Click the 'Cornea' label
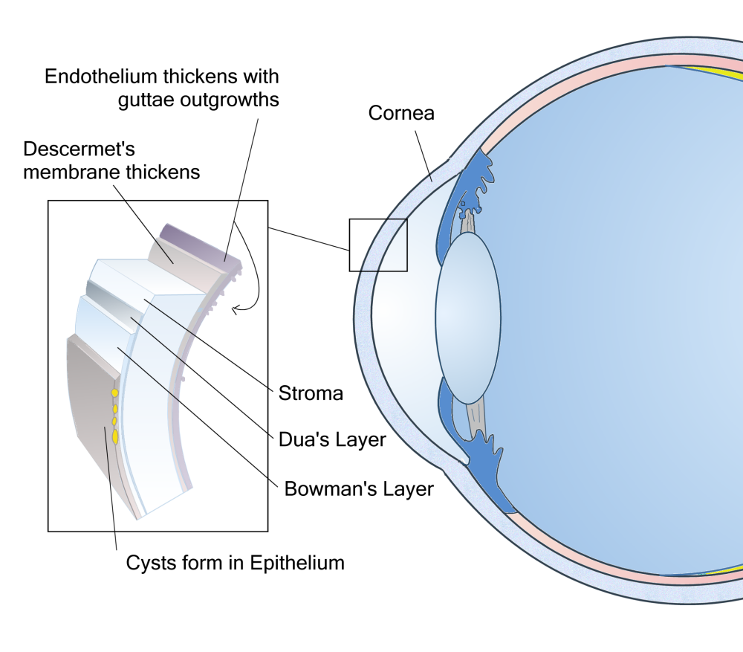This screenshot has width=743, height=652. coord(401,114)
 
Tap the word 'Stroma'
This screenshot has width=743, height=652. coord(311,393)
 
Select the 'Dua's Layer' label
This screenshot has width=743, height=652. coord(332,439)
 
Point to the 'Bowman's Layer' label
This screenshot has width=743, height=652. coord(359,489)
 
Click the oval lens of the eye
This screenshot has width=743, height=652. coord(467,320)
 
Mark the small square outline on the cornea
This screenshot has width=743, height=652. coord(378,245)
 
